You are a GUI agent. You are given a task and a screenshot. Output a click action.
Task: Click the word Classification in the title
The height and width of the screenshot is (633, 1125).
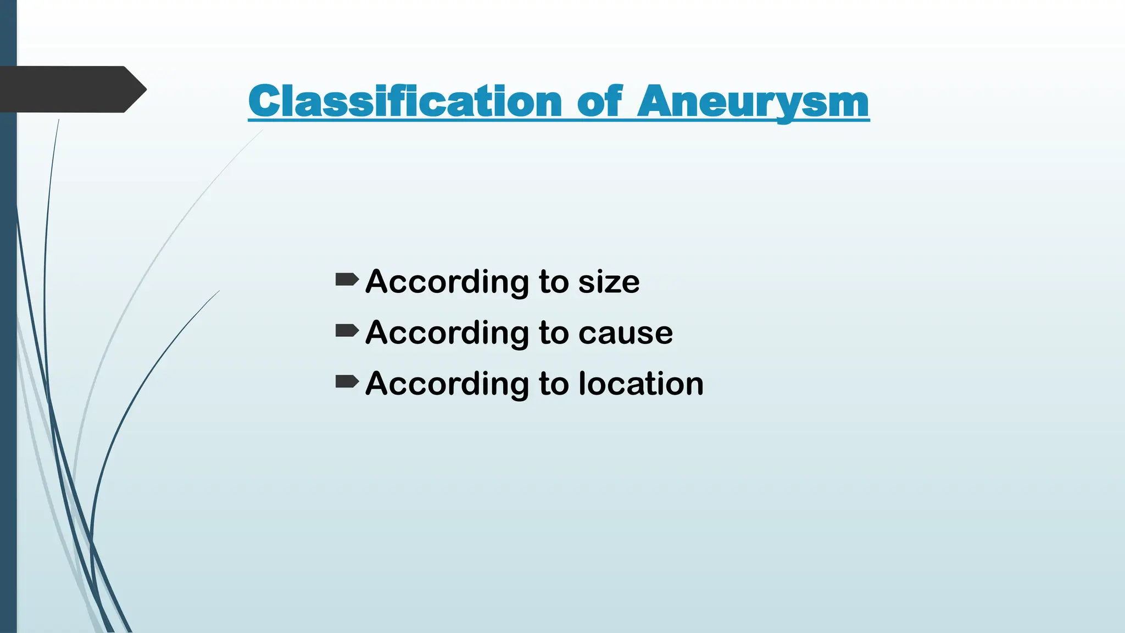pyautogui.click(x=405, y=102)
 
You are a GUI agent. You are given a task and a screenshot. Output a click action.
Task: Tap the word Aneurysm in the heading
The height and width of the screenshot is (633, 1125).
pyautogui.click(x=753, y=102)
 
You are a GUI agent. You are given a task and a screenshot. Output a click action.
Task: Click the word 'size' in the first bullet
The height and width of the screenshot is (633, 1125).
pyautogui.click(x=609, y=282)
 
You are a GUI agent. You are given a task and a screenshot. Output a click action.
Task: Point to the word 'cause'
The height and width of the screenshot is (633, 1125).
pyautogui.click(x=625, y=333)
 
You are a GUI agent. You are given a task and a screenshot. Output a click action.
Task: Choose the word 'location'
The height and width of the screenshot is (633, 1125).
pyautogui.click(x=641, y=384)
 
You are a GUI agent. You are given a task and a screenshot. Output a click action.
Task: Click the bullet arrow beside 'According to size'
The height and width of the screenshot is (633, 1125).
pyautogui.click(x=347, y=280)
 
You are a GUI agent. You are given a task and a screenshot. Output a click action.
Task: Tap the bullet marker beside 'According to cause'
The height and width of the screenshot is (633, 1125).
pyautogui.click(x=347, y=330)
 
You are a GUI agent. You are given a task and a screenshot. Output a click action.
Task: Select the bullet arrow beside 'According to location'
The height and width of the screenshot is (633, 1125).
pyautogui.click(x=347, y=381)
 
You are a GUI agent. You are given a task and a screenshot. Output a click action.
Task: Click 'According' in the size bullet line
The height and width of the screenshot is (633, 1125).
pyautogui.click(x=448, y=282)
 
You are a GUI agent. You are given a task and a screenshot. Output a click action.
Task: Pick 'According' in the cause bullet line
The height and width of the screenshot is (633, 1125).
pyautogui.click(x=448, y=333)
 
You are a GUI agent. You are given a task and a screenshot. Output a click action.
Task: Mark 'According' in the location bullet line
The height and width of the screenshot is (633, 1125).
pyautogui.click(x=448, y=384)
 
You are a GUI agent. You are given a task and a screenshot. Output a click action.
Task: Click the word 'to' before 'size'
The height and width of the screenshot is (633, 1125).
pyautogui.click(x=553, y=282)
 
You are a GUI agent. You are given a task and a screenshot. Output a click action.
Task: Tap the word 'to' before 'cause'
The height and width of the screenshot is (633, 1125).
pyautogui.click(x=553, y=333)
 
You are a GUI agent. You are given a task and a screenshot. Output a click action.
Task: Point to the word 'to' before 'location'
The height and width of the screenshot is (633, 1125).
pyautogui.click(x=553, y=384)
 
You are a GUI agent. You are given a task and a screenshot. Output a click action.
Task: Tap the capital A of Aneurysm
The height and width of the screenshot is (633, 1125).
pyautogui.click(x=655, y=102)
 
